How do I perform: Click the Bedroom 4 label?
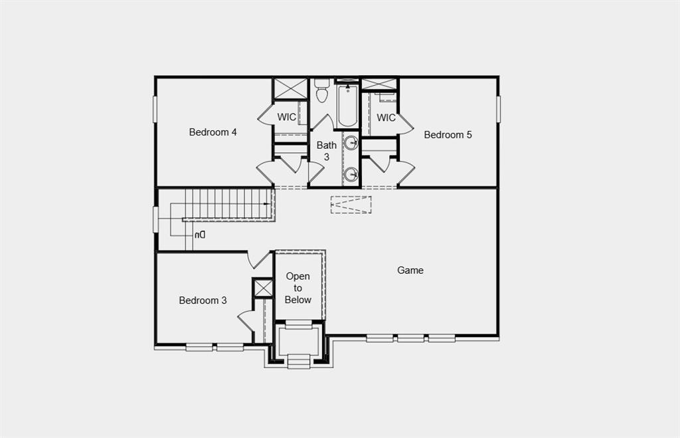click(x=212, y=132)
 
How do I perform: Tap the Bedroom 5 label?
click(x=448, y=135)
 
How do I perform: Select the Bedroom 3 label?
click(x=203, y=300)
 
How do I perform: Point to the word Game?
click(x=410, y=271)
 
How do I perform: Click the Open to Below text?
click(x=298, y=288)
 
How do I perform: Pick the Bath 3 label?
click(x=326, y=151)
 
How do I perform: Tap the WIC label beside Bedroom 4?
click(x=287, y=118)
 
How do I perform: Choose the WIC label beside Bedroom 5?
click(x=386, y=118)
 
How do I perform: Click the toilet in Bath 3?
click(x=322, y=91)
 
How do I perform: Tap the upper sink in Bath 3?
click(x=351, y=142)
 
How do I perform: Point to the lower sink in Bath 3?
click(x=351, y=175)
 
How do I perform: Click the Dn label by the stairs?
click(x=200, y=235)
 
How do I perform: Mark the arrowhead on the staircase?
click(x=267, y=204)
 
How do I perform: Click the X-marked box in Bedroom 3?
click(x=264, y=288)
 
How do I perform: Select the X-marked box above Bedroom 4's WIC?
click(x=291, y=88)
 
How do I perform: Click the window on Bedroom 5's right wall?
click(x=498, y=109)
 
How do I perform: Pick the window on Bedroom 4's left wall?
click(x=155, y=109)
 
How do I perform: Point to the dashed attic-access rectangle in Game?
click(x=351, y=205)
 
